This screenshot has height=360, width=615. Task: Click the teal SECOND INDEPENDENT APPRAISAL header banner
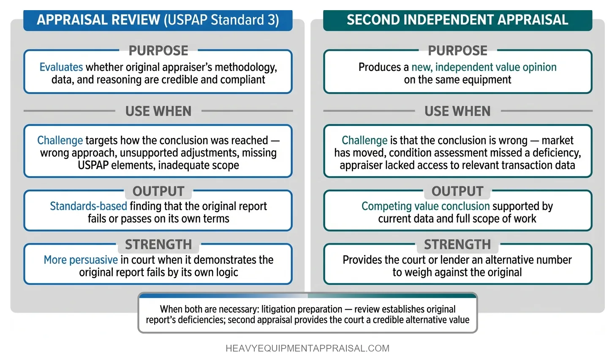click(457, 20)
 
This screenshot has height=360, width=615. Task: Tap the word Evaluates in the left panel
click(61, 67)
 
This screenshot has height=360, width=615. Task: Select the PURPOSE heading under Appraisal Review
click(158, 51)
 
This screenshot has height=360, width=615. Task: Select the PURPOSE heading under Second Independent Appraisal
click(457, 51)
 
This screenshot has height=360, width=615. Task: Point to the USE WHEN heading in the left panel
click(158, 111)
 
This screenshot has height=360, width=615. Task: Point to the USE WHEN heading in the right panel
click(457, 111)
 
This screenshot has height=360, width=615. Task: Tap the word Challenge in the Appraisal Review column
click(60, 140)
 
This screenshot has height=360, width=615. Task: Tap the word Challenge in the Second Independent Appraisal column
click(365, 140)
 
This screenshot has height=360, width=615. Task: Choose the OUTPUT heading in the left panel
click(158, 191)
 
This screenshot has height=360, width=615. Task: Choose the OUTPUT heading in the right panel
click(457, 191)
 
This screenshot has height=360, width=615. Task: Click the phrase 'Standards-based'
click(88, 206)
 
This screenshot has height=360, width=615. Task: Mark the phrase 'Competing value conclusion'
click(425, 206)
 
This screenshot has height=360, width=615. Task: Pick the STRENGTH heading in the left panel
click(158, 245)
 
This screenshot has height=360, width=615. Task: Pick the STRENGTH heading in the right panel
click(457, 245)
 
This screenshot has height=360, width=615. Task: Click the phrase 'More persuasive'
click(81, 260)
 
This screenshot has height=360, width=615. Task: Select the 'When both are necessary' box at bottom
click(307, 314)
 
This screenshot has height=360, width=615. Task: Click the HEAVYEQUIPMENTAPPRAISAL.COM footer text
click(307, 349)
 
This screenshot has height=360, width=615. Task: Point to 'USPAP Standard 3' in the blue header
click(221, 20)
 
